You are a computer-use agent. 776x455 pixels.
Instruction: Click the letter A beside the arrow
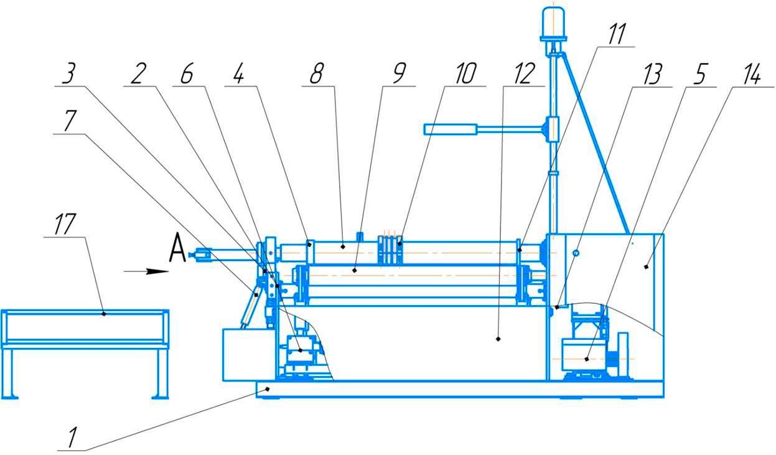tap(178, 251)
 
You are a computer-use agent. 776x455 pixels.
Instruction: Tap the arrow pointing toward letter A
tap(146, 271)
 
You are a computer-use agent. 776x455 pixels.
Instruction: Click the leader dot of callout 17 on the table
tap(104, 314)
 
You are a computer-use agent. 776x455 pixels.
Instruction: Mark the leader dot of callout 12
tap(498, 339)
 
